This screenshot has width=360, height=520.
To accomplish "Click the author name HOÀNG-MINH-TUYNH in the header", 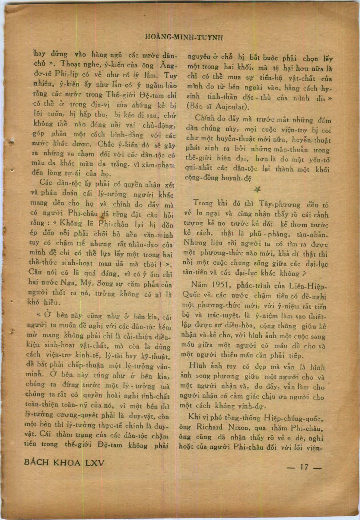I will pyautogui.click(x=184, y=37).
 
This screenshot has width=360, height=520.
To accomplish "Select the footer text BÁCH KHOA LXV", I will pyautogui.click(x=64, y=462).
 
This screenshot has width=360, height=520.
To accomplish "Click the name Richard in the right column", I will pyautogui.click(x=209, y=427).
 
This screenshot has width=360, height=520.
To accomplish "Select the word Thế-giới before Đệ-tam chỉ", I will pyautogui.click(x=119, y=95).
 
